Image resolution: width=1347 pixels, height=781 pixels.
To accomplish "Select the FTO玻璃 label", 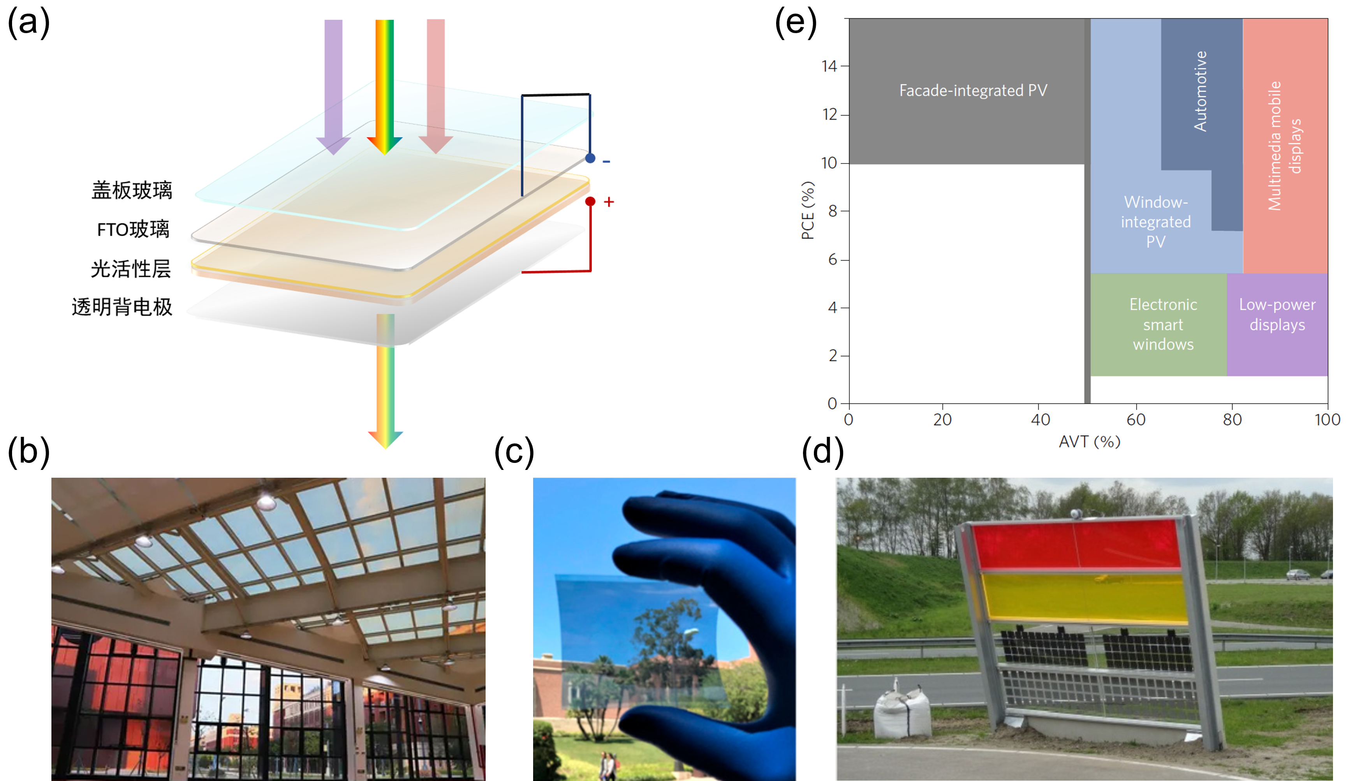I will coord(133,229).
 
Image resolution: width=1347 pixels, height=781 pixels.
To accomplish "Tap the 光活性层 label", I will coord(131,268).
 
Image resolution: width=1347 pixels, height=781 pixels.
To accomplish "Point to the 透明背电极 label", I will coord(122,307).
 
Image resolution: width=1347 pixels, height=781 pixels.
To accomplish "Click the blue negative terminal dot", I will coord(590,158).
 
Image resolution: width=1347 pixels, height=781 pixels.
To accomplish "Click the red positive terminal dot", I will coord(590,202).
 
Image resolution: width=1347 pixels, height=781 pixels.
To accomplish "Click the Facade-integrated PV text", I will coord(973,90).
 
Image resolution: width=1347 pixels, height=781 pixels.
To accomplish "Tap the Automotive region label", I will coord(1201,91).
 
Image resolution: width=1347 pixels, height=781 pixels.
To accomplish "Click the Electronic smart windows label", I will coord(1163,324).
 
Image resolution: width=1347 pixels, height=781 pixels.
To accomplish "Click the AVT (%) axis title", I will coord(1089,442).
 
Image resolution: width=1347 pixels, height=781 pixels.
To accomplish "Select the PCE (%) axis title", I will coord(808,210).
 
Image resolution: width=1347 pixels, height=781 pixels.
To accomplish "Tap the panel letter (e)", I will coord(796,23).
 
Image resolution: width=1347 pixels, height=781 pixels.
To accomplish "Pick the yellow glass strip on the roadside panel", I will coord(1085,598).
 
